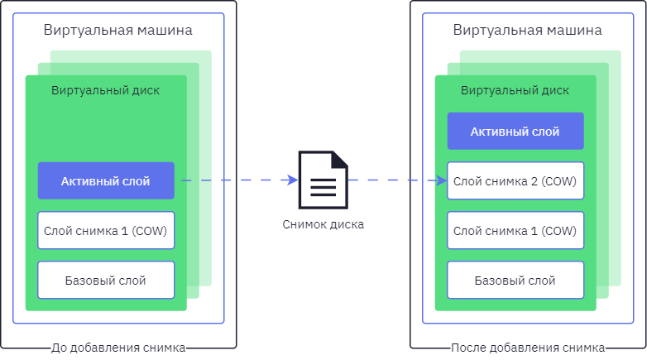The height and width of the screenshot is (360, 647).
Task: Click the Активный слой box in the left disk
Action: tap(106, 180)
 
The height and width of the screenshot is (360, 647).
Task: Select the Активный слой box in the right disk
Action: tap(515, 132)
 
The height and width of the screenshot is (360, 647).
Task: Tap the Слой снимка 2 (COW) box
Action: tap(515, 180)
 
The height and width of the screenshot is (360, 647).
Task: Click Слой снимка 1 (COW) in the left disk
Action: tap(106, 230)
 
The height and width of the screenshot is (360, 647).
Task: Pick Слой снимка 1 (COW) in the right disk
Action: tap(515, 230)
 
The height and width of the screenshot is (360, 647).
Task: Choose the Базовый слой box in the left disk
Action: tap(106, 280)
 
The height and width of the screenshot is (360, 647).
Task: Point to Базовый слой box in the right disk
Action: tap(515, 280)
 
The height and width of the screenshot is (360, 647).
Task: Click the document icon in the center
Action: tap(323, 180)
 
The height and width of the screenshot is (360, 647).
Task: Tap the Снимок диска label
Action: tap(323, 224)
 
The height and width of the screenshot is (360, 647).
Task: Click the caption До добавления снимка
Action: tap(118, 348)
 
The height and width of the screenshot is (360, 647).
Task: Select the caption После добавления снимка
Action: tap(528, 348)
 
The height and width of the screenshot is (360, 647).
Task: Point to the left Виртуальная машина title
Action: tap(118, 30)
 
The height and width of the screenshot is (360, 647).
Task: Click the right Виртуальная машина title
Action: tap(527, 30)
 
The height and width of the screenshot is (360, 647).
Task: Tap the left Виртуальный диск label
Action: tap(105, 90)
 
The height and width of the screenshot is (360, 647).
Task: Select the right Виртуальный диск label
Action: tap(515, 90)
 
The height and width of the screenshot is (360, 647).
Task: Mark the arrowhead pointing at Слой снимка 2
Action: tap(442, 180)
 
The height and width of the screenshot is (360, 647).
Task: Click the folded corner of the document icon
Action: tap(340, 159)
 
